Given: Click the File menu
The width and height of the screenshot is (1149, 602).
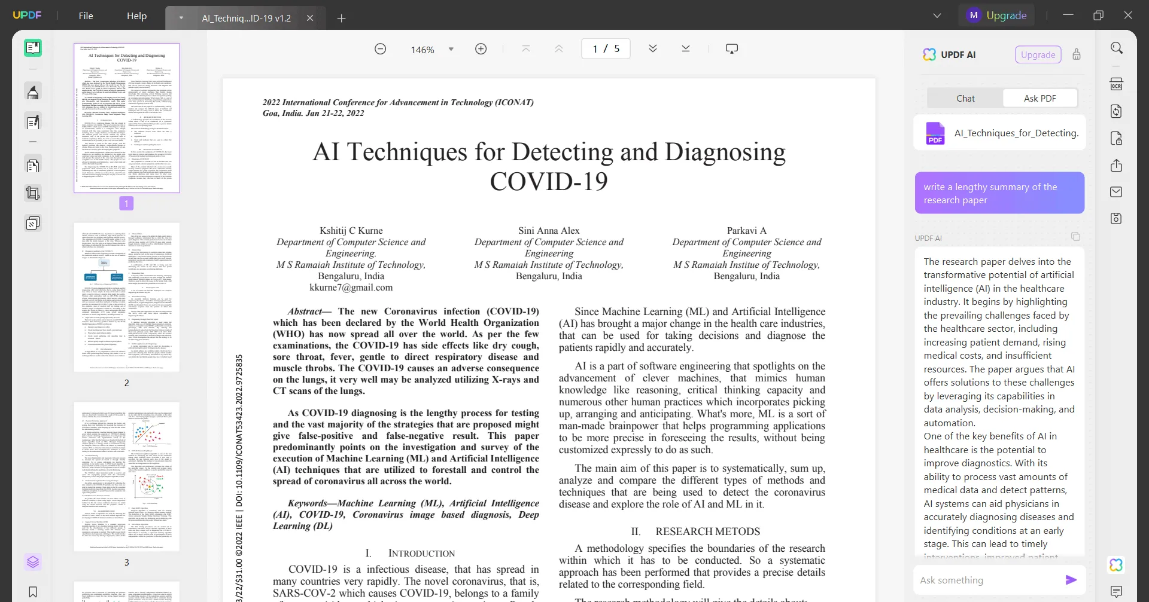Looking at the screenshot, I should click(86, 16).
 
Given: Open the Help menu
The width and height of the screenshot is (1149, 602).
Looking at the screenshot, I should click(136, 16).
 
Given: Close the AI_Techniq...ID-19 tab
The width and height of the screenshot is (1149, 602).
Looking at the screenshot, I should click(310, 18).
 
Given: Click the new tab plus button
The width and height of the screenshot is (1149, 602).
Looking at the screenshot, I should click(342, 19).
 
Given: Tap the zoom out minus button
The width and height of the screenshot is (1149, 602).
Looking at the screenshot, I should click(380, 49).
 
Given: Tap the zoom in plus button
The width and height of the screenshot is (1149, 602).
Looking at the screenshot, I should click(481, 49).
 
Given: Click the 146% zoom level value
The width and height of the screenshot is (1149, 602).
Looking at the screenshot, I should click(422, 50).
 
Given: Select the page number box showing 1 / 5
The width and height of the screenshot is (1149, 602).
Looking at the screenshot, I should click(606, 48).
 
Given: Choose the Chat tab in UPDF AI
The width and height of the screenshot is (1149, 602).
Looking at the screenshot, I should click(965, 98).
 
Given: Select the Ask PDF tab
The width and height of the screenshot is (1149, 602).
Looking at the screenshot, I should click(1039, 98).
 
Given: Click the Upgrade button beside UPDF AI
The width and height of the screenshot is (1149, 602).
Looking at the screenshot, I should click(1038, 54).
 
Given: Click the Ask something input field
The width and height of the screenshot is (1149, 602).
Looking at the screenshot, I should click(988, 580).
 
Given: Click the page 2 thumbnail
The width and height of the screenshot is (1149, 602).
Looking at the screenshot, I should click(126, 297).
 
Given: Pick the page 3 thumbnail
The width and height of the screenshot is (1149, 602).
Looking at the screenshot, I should click(126, 476).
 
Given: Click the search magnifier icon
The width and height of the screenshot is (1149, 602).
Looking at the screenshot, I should click(1116, 48).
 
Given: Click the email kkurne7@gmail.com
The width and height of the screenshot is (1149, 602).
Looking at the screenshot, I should click(351, 288).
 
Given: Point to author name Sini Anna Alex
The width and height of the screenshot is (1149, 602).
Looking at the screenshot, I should click(549, 231).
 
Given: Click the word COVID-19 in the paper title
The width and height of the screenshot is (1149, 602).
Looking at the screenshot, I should click(549, 182).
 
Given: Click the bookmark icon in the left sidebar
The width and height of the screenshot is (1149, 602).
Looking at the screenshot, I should click(33, 592).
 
